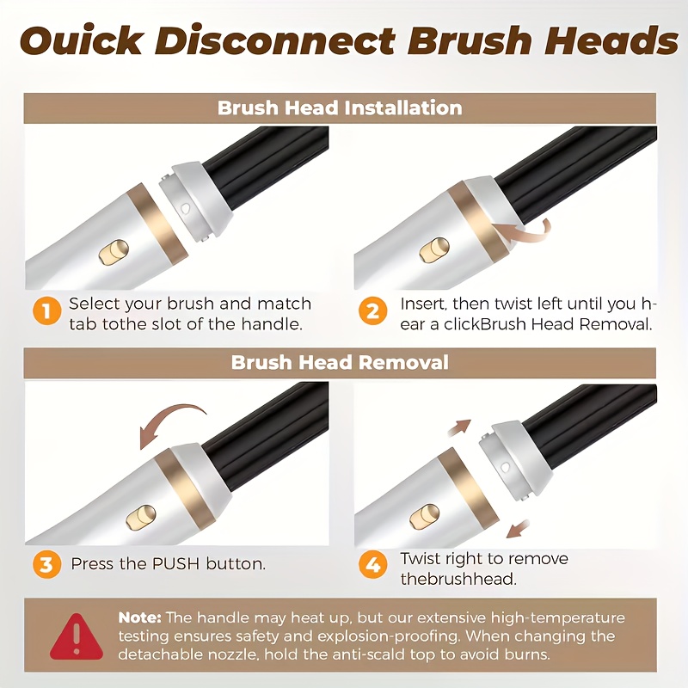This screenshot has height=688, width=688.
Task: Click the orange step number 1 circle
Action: pyautogui.click(x=46, y=310)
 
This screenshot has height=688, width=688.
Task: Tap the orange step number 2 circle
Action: pyautogui.click(x=372, y=310)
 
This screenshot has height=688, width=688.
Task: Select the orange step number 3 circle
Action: pyautogui.click(x=46, y=564)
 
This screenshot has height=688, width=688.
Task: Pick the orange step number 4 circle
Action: pyautogui.click(x=372, y=564)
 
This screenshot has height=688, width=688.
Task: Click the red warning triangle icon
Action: pyautogui.click(x=77, y=636)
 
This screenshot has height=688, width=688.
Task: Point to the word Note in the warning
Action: pyautogui.click(x=138, y=617)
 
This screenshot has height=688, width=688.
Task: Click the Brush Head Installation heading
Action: pyautogui.click(x=340, y=108)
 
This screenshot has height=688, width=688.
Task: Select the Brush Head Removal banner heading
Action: pyautogui.click(x=340, y=362)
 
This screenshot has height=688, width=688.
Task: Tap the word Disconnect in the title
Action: pyautogui.click(x=274, y=40)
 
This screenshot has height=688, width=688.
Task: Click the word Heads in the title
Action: pyautogui.click(x=611, y=40)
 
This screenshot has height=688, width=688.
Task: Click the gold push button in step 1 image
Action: pyautogui.click(x=114, y=252)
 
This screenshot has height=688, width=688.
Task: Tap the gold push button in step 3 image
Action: pyautogui.click(x=140, y=517)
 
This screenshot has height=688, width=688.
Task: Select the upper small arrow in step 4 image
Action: pyautogui.click(x=459, y=427)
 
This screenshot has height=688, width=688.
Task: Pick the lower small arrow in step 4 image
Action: pyautogui.click(x=518, y=528)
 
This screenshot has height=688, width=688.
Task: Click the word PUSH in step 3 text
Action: pyautogui.click(x=175, y=564)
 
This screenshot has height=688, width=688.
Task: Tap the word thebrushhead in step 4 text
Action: pyautogui.click(x=458, y=579)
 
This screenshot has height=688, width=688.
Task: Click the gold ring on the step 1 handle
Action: pyautogui.click(x=157, y=224)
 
